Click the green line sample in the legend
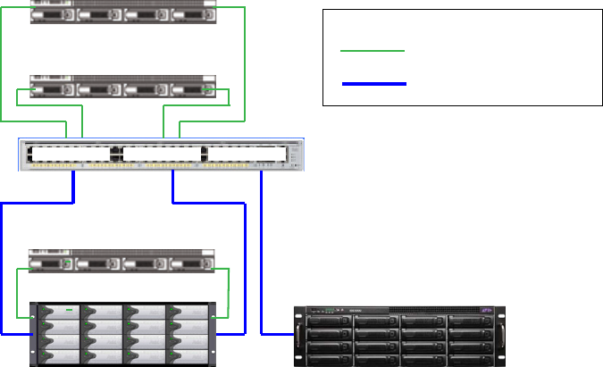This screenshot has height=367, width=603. [x=373, y=52]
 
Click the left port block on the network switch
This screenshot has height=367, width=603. [x=69, y=154]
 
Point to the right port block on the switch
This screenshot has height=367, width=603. [x=247, y=154]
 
